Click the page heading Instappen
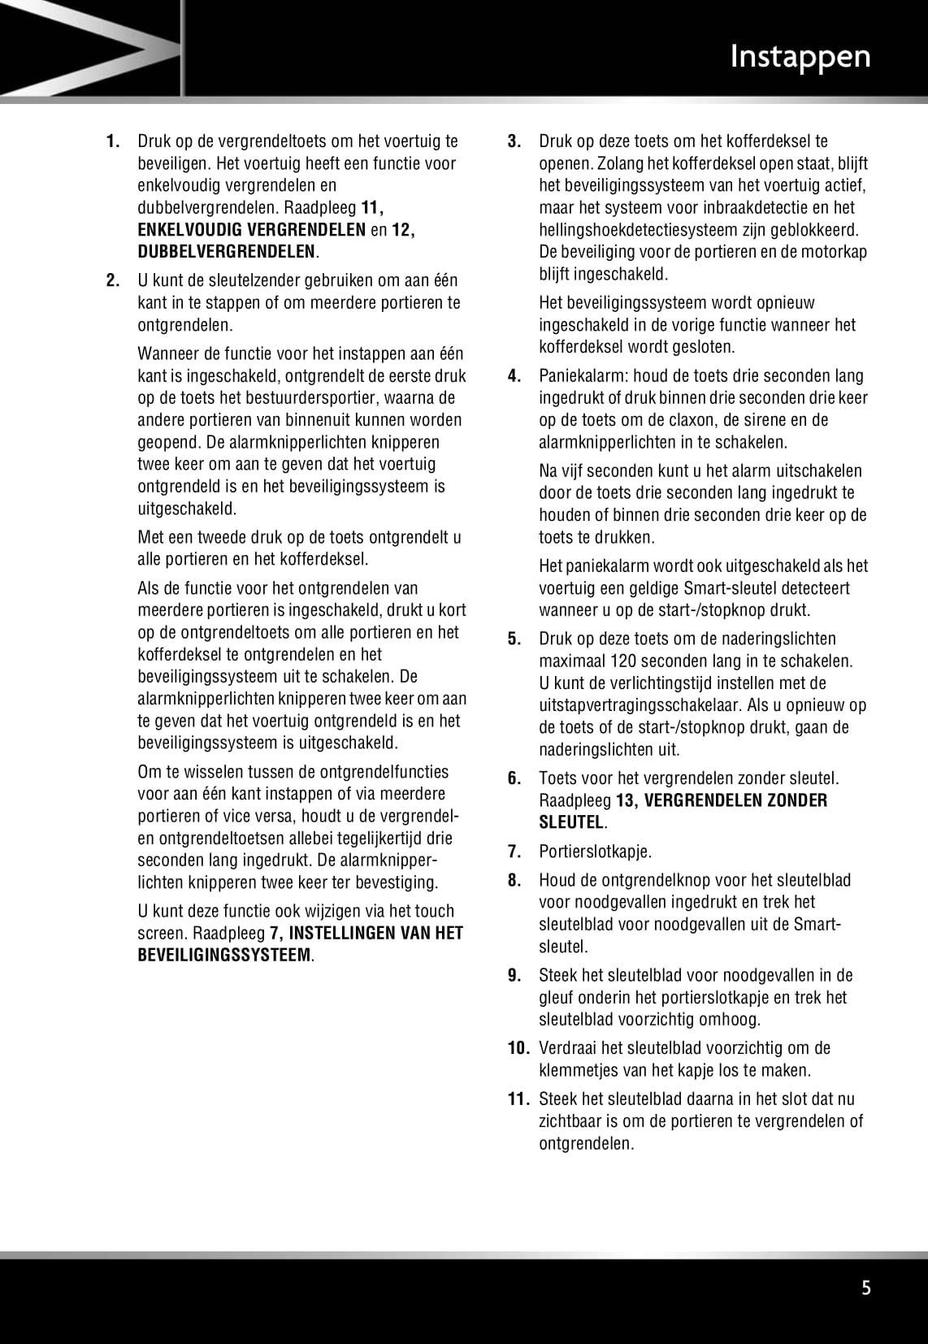tap(800, 57)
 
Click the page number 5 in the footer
tap(866, 1287)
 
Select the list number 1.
tap(114, 141)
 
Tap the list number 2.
tap(114, 281)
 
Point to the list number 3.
tap(514, 141)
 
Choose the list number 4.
tap(514, 376)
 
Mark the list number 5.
tap(514, 639)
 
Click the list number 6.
tap(514, 778)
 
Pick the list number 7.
tap(514, 852)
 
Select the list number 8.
tap(514, 880)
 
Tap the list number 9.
tap(514, 975)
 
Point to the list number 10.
tap(518, 1048)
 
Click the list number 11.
tap(518, 1099)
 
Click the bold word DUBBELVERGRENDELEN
tap(226, 252)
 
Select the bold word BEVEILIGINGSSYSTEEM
tap(224, 956)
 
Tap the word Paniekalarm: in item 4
tap(583, 376)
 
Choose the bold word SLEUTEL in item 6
tap(571, 822)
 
